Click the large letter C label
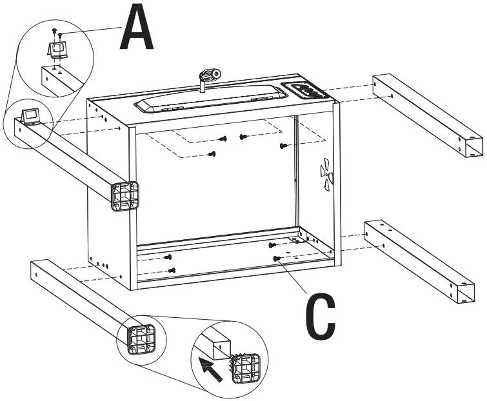pyautogui.click(x=320, y=317)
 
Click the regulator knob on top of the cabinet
pyautogui.click(x=208, y=76)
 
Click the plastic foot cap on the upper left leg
pyautogui.click(x=124, y=196)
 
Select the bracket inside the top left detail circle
pyautogui.click(x=56, y=49)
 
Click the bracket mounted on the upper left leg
pyautogui.click(x=31, y=116)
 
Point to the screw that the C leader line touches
pyautogui.click(x=276, y=259)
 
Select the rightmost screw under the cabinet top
pyautogui.click(x=283, y=146)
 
